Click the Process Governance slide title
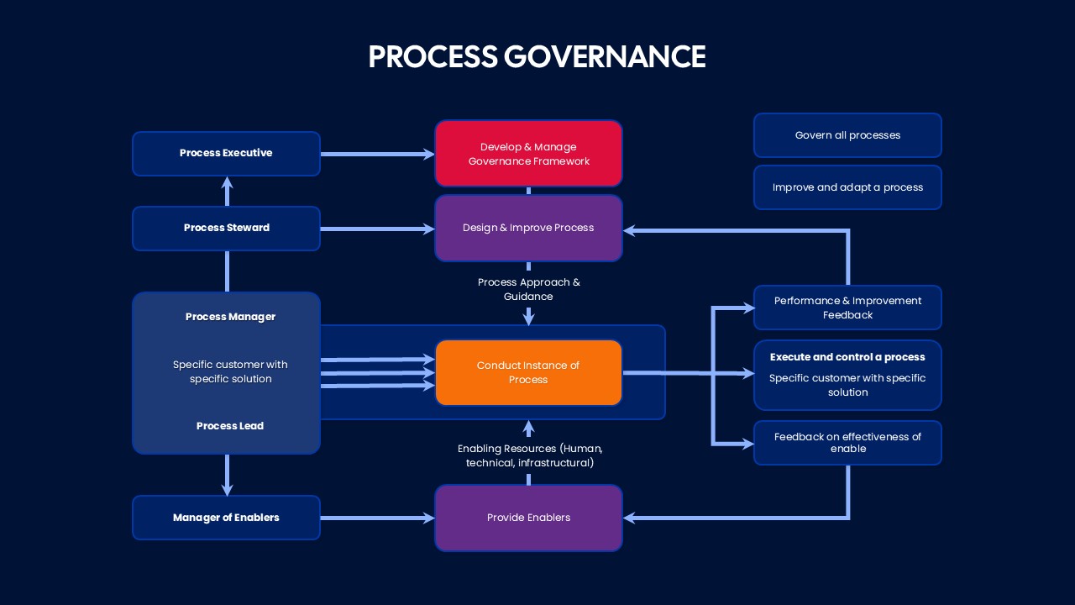[x=537, y=56]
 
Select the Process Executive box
[x=226, y=154]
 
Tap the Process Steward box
[x=226, y=228]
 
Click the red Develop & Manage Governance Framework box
[x=528, y=154]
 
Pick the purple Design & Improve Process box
[x=528, y=228]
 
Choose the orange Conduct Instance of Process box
[x=528, y=372]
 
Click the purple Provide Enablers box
[x=528, y=518]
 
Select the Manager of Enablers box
[x=226, y=518]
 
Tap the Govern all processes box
[x=847, y=135]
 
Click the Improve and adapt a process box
[x=847, y=187]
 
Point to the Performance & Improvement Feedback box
[x=847, y=308]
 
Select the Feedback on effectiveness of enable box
[x=847, y=442]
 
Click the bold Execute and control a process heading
[x=847, y=357]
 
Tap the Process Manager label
[x=230, y=317]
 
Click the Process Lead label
[x=230, y=426]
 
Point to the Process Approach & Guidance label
[x=528, y=289]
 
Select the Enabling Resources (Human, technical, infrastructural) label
[x=529, y=455]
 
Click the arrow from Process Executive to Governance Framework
[x=377, y=154]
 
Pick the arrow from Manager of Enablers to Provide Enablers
[x=377, y=518]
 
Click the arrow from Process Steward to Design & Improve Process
[x=377, y=229]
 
